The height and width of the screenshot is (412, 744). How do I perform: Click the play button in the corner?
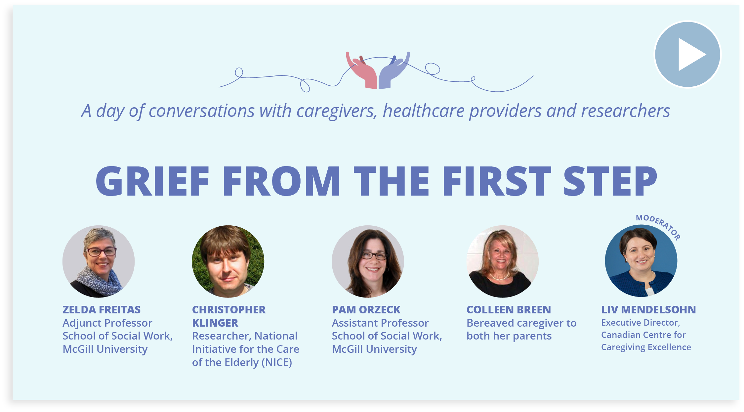[x=687, y=55]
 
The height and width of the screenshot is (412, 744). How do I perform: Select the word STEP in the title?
[x=610, y=181]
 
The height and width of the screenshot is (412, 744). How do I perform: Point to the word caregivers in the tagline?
[x=337, y=111]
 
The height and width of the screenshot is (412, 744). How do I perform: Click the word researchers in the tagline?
[x=626, y=111]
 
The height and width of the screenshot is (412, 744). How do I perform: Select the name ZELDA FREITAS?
[x=102, y=310]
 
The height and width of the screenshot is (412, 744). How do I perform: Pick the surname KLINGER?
[x=215, y=323]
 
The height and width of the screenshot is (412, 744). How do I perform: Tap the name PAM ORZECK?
[x=366, y=310]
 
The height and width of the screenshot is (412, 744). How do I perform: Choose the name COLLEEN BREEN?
[x=509, y=310]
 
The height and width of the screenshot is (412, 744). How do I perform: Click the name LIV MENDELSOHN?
[x=648, y=310]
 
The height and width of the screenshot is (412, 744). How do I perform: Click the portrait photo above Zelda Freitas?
[x=99, y=261]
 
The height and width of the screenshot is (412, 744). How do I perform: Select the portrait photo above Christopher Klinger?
[x=228, y=261]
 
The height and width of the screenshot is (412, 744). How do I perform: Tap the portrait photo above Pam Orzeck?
[x=368, y=261]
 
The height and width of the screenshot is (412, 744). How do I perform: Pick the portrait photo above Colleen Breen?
[x=503, y=261]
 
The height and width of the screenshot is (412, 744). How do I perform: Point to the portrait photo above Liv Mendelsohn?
[x=641, y=261]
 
